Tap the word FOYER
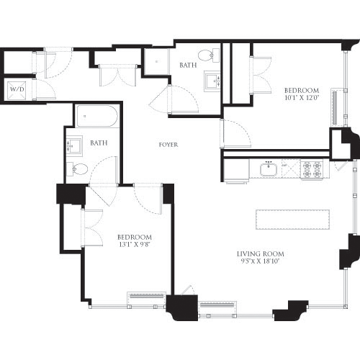tap(168, 145)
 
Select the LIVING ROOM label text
tap(260, 254)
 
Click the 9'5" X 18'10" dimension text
tap(260, 263)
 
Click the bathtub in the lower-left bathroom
tap(96, 117)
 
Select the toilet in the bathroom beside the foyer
tap(80, 170)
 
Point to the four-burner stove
tap(311, 170)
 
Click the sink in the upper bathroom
tap(212, 79)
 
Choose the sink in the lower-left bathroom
tap(73, 145)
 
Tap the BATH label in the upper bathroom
tap(188, 66)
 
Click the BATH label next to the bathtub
tap(99, 143)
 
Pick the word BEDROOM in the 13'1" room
tap(135, 238)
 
